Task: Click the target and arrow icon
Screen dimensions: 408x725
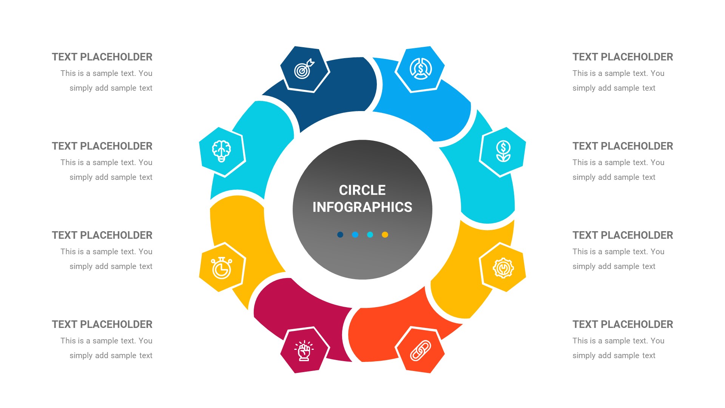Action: coord(304,69)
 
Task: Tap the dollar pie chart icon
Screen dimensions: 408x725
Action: coord(421,69)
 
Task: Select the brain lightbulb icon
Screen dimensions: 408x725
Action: coord(222,151)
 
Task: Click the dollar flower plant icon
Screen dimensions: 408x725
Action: coord(503,151)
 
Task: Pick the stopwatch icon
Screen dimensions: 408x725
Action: coord(222,268)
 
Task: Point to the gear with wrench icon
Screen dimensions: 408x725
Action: coord(503,268)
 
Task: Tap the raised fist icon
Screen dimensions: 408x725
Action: coord(304,351)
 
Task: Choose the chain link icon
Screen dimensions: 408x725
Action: coord(421,351)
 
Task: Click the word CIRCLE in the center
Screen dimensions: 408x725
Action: coord(362,190)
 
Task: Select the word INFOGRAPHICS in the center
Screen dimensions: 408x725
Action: coord(362,207)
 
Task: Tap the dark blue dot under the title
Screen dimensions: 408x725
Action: coord(340,235)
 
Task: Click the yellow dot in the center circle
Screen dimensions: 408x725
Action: coord(385,235)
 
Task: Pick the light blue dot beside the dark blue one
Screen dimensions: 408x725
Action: coord(355,235)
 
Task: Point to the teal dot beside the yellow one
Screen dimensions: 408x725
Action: coord(370,235)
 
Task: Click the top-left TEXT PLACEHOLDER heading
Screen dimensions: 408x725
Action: coord(102,57)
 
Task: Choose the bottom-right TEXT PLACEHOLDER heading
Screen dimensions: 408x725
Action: coord(623,325)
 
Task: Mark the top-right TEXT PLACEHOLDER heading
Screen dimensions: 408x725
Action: coord(623,57)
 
